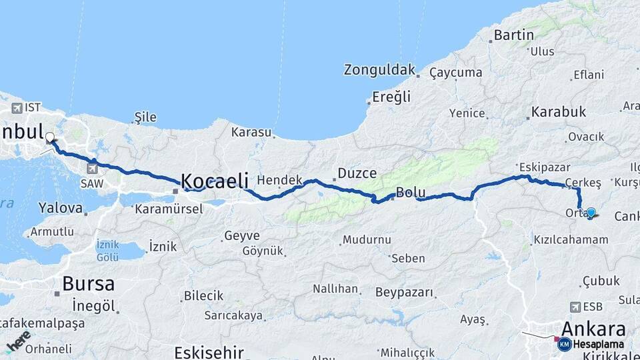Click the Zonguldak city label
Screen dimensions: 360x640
pos(379,69)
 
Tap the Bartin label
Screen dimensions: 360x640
pos(513,35)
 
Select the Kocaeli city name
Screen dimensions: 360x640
pos(215,180)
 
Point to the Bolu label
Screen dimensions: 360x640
pos(411,193)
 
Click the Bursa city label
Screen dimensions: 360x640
pos(88,283)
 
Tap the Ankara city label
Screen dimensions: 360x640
pos(593,329)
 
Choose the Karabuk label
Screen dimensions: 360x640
pos(559,111)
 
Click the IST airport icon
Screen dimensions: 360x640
pos(16,108)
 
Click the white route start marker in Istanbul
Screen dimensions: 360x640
pos(50,138)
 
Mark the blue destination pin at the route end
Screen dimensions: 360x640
pos(591,213)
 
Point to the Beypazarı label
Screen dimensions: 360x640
pos(404,292)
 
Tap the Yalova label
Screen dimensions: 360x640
pos(61,207)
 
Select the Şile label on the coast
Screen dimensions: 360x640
pos(145,117)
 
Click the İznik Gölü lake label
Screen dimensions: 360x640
pos(107,250)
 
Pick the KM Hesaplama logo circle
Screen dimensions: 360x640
pos(564,344)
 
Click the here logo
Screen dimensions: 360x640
pos(19,341)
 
